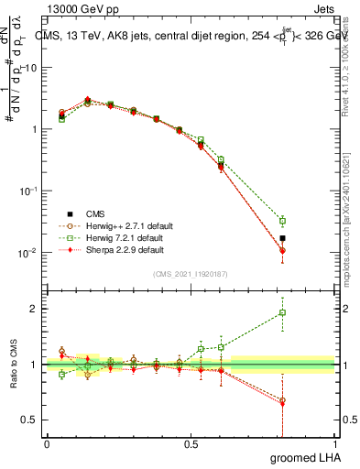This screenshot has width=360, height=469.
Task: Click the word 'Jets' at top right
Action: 323,6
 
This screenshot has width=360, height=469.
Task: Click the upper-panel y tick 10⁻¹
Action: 27,191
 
